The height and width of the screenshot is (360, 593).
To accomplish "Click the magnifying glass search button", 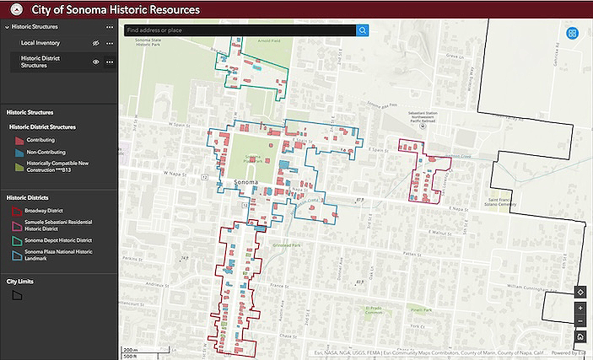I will click(x=363, y=30).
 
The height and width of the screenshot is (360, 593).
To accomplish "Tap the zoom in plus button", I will click(x=580, y=308).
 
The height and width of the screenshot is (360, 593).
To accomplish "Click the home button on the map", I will click(x=580, y=336).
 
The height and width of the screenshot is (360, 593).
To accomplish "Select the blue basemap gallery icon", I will click(x=572, y=34).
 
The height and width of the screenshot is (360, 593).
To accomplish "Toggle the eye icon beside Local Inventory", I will click(x=96, y=42).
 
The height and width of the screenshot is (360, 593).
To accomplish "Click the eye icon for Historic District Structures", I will click(x=96, y=62).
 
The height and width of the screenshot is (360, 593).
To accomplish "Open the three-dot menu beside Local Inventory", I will click(x=110, y=42).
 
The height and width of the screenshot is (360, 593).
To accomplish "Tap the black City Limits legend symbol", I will click(x=17, y=295).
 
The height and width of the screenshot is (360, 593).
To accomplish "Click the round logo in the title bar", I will click(x=13, y=10).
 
